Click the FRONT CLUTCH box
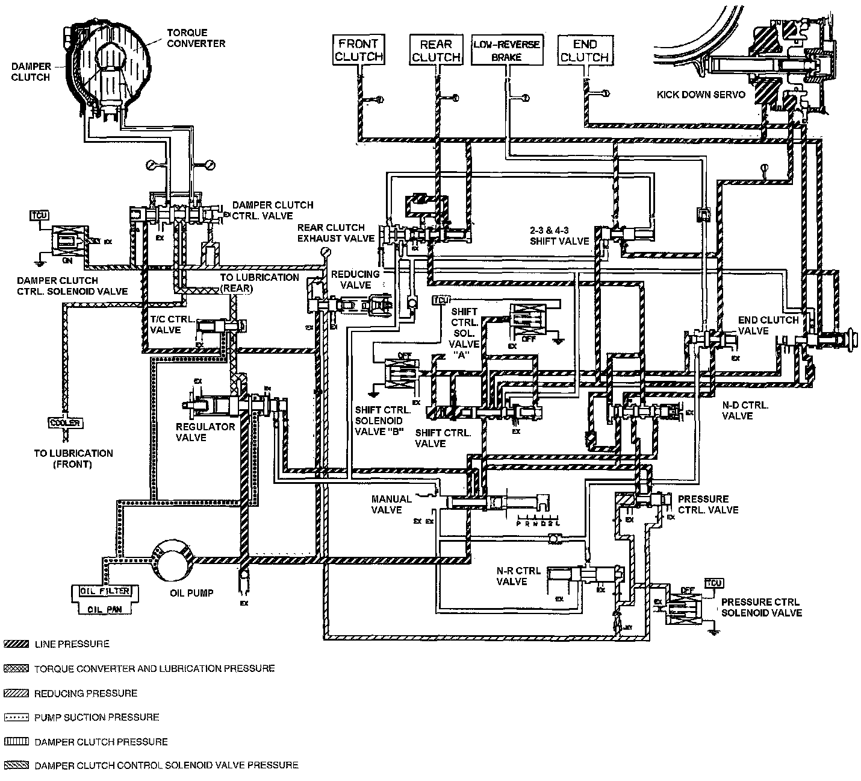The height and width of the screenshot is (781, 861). coord(359,50)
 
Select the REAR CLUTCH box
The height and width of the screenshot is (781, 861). coord(436,50)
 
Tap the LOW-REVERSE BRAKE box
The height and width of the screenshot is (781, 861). coord(506,51)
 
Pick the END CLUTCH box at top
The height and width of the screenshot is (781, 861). coord(584,50)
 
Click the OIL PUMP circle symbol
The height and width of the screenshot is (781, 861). coord(172,559)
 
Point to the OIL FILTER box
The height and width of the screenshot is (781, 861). coord(105,591)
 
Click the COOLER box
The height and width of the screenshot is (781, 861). coord(64,423)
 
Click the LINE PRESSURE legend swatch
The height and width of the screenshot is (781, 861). coord(16,644)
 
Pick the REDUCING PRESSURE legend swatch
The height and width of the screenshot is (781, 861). coord(16,693)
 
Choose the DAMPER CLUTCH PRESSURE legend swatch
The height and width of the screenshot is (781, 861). coord(16,742)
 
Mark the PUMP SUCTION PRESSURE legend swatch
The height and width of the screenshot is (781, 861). coord(16,717)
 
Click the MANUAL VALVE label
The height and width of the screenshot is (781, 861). coord(391,504)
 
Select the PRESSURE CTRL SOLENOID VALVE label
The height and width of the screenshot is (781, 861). coord(761,607)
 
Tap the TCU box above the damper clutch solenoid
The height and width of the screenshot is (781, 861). coord(39,215)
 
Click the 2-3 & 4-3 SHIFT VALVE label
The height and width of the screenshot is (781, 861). coord(559,236)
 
